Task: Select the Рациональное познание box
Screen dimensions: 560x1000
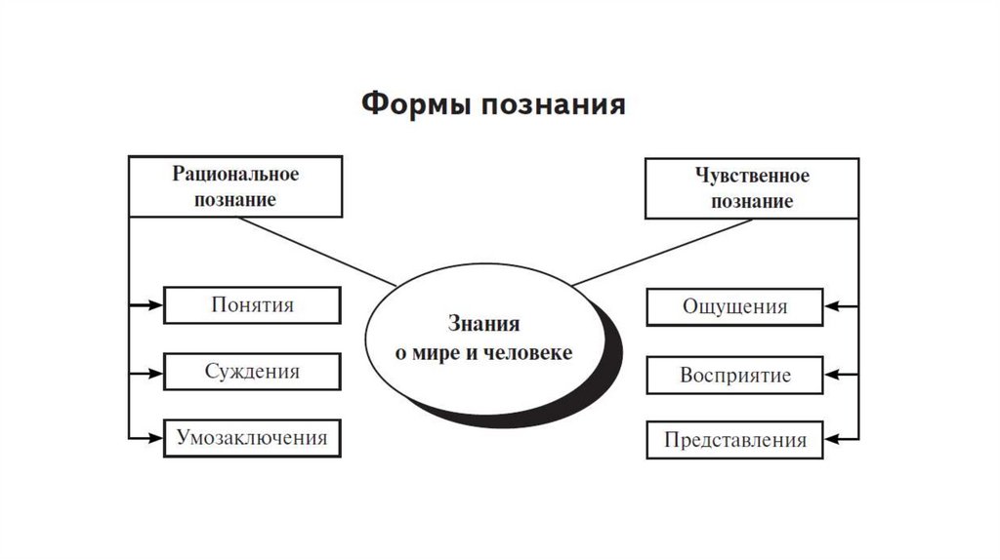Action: (235, 186)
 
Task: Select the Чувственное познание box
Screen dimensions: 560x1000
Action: (751, 189)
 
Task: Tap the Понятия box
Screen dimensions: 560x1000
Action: (252, 305)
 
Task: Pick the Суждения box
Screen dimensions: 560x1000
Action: (252, 372)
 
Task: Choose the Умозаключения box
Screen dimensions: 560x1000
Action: (252, 437)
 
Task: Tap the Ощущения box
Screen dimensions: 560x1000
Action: (734, 306)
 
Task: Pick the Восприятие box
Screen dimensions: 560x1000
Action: (734, 375)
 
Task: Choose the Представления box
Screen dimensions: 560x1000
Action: (734, 440)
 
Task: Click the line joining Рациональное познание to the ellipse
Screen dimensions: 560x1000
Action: (318, 252)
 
